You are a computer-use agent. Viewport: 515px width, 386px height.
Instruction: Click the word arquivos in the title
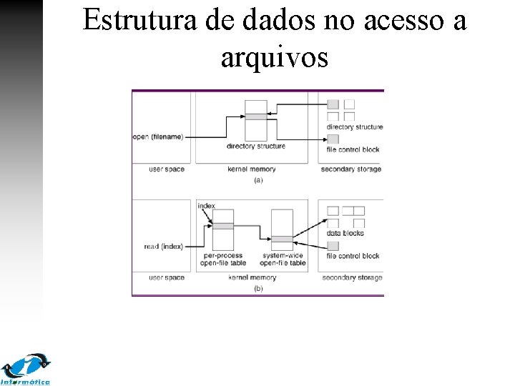point(274,57)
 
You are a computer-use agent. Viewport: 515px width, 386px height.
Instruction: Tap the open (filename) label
point(158,137)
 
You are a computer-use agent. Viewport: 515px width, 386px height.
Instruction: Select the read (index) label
point(163,247)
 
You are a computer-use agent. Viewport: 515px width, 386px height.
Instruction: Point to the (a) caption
point(258,180)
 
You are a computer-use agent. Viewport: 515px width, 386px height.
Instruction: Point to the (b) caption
point(258,288)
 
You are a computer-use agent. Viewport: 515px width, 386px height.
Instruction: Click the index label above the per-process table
point(206,206)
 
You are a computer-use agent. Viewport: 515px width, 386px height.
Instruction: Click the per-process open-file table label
point(223,259)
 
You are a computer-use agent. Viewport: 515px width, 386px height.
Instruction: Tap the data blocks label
point(345,233)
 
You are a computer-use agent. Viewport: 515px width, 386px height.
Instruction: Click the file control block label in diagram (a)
point(353,149)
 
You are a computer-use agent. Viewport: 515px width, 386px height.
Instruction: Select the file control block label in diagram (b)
point(353,256)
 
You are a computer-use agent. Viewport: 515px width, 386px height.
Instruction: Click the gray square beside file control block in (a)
point(333,139)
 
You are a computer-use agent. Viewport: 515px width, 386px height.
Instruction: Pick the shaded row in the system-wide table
point(282,239)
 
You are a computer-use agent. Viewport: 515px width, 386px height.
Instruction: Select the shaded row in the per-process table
point(223,226)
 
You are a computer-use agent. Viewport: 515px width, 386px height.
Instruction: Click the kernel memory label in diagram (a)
point(251,169)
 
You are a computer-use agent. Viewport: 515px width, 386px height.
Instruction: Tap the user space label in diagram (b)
point(166,277)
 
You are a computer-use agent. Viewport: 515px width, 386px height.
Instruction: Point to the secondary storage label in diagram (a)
point(351,169)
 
